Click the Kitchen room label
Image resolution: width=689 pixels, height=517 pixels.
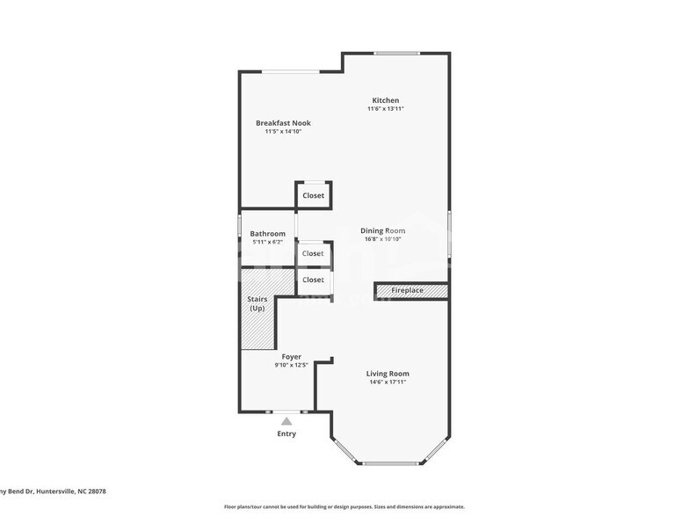tap(385, 100)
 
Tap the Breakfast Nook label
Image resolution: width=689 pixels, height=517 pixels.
tap(283, 123)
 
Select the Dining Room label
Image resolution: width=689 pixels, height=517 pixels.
tap(382, 230)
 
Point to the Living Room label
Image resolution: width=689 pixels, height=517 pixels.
tap(388, 374)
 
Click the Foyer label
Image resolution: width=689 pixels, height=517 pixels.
tap(291, 357)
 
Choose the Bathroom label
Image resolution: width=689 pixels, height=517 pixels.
tap(267, 234)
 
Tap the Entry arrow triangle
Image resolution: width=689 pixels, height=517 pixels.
tap(286, 421)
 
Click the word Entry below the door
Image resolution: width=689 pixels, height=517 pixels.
tap(286, 433)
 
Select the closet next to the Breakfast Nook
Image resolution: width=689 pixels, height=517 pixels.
tap(313, 195)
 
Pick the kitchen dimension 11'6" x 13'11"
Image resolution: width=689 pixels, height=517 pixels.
tap(385, 109)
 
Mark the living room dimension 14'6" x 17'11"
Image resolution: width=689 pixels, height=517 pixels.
tap(388, 382)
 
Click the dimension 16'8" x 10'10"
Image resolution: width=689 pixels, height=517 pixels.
tap(382, 239)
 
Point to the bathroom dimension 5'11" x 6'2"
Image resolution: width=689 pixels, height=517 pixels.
tap(267, 242)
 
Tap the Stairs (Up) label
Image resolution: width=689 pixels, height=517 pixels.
tap(257, 304)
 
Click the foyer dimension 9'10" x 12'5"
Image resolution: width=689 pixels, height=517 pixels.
tap(291, 365)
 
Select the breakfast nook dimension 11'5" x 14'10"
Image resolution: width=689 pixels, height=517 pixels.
tap(283, 132)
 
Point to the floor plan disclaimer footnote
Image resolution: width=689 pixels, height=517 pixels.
tap(344, 506)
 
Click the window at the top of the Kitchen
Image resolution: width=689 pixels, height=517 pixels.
tap(396, 54)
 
